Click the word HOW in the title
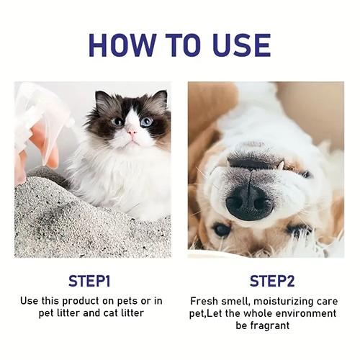[122, 45]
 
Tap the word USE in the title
[242, 45]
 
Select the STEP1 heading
[89, 281]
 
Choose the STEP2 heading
[272, 281]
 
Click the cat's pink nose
[132, 132]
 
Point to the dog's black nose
[250, 203]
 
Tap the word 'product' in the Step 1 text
[81, 301]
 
